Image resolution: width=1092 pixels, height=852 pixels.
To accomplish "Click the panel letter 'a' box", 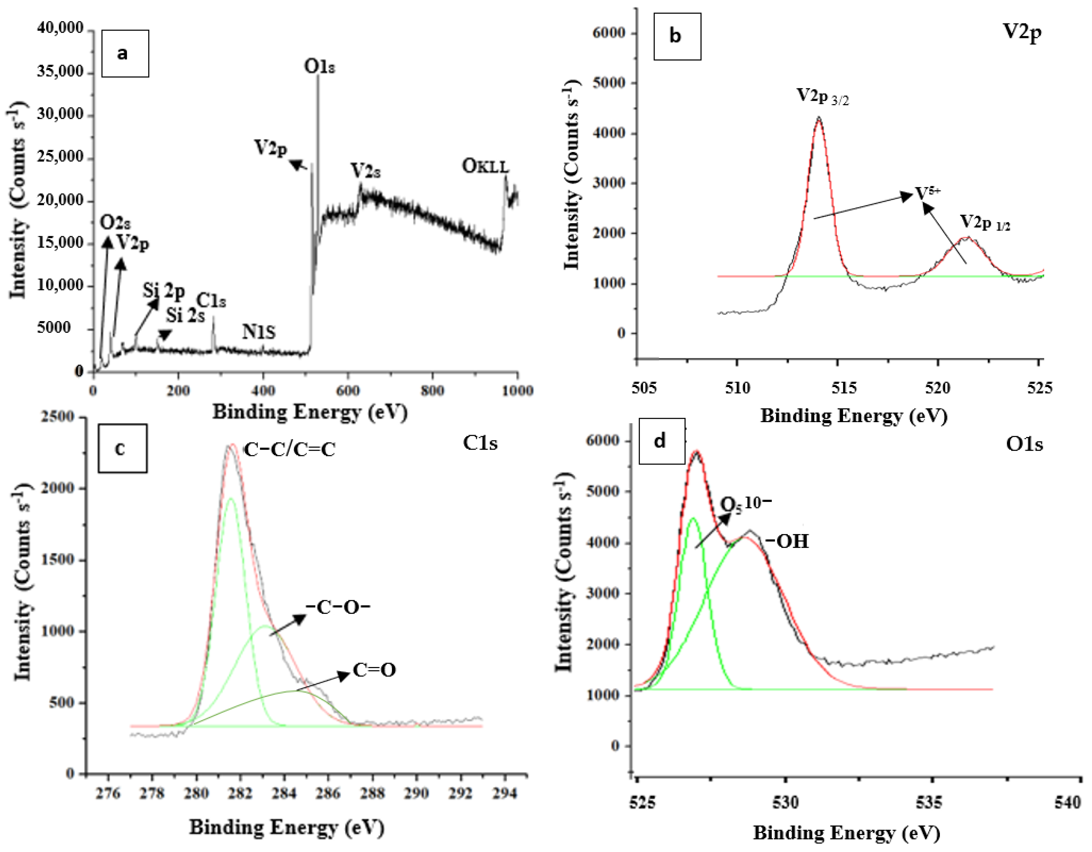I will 125,54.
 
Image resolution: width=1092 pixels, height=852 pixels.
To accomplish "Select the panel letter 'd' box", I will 661,441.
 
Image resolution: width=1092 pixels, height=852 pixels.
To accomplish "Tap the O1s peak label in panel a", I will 319,66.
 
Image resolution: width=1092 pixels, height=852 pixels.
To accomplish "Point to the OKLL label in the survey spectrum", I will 485,166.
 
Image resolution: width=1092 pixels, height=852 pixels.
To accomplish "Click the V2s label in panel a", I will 365,171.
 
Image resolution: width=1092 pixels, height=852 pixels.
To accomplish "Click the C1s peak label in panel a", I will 211,301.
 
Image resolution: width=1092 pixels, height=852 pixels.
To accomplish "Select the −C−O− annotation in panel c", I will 338,608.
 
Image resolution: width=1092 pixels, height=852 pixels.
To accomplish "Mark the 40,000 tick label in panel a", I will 60,29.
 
